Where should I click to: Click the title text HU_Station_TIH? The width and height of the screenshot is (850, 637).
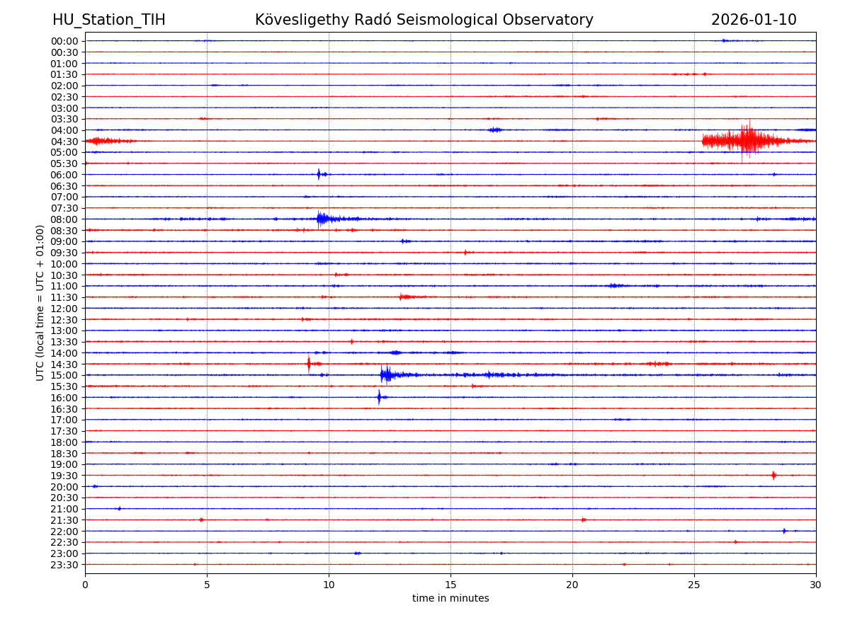tap(108, 20)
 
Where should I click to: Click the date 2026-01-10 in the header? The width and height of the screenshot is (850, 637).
tap(754, 20)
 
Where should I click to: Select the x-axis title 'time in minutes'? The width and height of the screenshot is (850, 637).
tap(450, 599)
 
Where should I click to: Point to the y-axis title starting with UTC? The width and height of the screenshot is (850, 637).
tap(40, 302)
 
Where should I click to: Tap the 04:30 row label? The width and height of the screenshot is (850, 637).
tap(64, 142)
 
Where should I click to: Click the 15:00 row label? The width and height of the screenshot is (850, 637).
tap(64, 375)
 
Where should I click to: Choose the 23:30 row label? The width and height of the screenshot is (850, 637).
tap(64, 565)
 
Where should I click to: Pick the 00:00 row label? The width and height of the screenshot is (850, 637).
tap(64, 41)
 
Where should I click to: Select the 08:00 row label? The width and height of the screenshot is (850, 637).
tap(64, 219)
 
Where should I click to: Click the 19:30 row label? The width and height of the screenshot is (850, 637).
tap(64, 476)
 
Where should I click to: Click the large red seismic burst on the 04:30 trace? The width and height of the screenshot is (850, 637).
tap(747, 140)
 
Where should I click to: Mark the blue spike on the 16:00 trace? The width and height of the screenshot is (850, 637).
tap(379, 397)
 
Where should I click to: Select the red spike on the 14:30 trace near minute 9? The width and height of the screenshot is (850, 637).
tap(308, 364)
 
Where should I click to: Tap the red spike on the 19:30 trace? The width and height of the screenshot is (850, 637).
tap(773, 476)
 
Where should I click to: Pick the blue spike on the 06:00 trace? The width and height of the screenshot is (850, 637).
tap(319, 174)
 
